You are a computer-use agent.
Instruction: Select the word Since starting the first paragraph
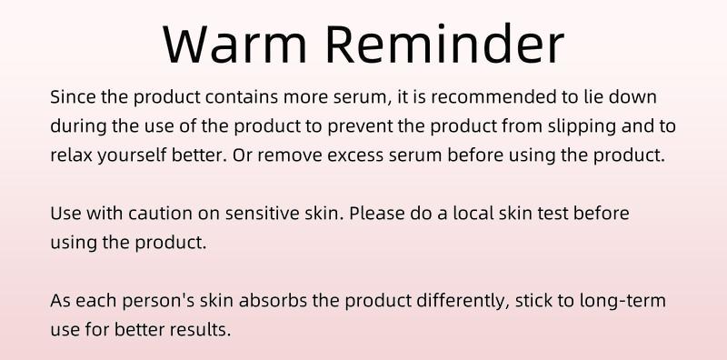coord(70,96)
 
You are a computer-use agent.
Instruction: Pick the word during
coord(75,125)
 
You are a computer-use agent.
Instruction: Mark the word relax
coord(69,155)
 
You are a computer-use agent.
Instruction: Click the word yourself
coord(127,155)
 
